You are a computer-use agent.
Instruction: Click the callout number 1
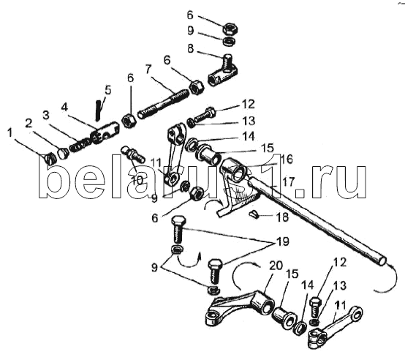(x=10, y=133)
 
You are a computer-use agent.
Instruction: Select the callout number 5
(x=108, y=91)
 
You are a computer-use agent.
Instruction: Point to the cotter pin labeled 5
(x=98, y=110)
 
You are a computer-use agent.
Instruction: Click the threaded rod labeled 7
(x=164, y=105)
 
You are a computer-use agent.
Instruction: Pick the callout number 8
(x=190, y=48)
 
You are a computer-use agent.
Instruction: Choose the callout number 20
(x=276, y=266)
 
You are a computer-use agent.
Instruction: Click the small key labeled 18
(x=253, y=214)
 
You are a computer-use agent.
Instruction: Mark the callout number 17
(x=289, y=182)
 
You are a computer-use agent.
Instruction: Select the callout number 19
(x=283, y=242)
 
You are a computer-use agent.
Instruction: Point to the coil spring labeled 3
(x=80, y=146)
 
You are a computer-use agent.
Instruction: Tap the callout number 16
(x=287, y=160)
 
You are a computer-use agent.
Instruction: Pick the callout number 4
(x=64, y=107)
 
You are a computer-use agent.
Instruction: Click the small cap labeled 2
(x=63, y=153)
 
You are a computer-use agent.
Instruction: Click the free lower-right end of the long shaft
(x=382, y=260)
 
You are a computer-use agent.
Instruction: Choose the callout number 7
(x=148, y=70)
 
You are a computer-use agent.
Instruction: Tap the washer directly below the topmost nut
(x=229, y=42)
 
